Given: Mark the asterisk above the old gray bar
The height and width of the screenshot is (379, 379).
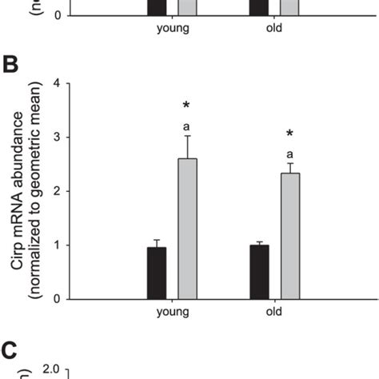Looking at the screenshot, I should (x=289, y=134).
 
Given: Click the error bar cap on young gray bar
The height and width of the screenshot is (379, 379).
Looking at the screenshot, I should (x=187, y=136).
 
